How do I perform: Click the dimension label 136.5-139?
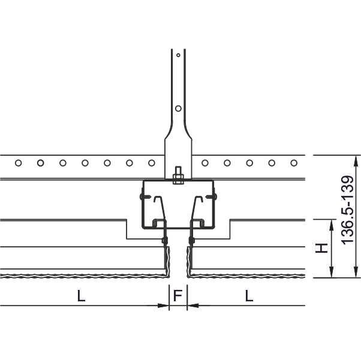347,210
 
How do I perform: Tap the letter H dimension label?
321,248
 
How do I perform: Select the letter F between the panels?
178,295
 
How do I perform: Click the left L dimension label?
81,296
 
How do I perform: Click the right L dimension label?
249,296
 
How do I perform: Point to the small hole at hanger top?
178,55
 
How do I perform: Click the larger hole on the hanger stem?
178,108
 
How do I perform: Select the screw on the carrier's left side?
145,196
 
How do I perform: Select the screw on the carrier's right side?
211,196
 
